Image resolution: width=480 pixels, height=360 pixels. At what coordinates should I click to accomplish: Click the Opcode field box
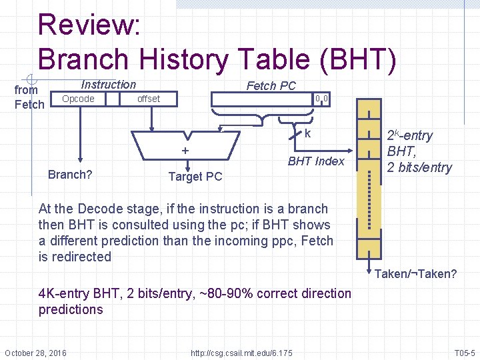(78, 99)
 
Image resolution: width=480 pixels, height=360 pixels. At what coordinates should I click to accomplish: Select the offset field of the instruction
(148, 99)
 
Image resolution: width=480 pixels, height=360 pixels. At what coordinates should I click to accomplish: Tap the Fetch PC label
(271, 85)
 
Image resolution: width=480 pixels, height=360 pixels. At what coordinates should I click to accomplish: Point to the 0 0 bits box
(322, 99)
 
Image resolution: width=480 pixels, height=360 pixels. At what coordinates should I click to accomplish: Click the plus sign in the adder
(185, 151)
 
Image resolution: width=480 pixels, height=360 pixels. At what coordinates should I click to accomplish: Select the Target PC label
(195, 177)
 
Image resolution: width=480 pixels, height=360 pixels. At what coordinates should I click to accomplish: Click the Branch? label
(70, 175)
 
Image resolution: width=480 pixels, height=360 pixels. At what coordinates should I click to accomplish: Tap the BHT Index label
(316, 161)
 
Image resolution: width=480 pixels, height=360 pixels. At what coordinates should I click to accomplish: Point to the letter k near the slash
(307, 134)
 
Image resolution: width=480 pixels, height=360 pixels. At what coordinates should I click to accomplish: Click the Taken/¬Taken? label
(415, 274)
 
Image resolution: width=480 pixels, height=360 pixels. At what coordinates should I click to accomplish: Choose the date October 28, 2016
(35, 352)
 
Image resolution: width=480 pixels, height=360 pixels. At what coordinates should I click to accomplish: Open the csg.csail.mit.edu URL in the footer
(241, 352)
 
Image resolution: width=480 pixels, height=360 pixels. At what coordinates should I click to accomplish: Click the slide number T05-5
(464, 352)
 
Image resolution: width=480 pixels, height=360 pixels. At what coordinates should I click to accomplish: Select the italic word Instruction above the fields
(108, 85)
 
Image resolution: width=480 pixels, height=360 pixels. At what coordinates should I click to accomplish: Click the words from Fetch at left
(29, 97)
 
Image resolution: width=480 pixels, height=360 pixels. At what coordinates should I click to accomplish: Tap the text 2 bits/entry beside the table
(419, 167)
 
